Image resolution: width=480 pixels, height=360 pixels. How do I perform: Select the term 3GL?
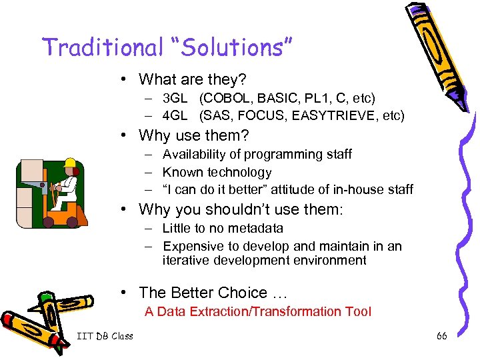point(175,98)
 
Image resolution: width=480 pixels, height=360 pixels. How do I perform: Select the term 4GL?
point(175,115)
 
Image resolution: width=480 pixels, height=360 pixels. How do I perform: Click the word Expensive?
point(193,246)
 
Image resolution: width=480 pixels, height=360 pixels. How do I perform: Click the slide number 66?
point(441,336)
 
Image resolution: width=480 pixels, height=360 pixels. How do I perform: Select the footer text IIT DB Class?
point(105,336)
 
